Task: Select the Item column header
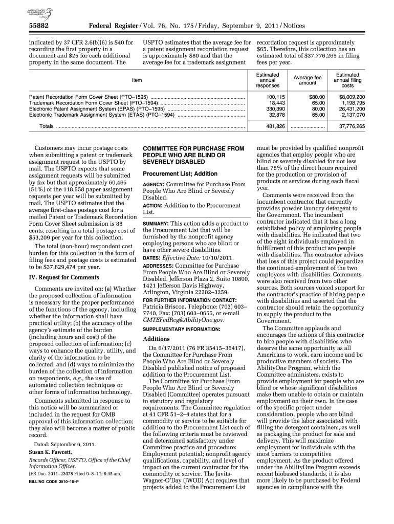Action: [137, 80]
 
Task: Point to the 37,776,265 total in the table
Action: [352, 126]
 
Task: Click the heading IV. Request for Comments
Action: [63, 278]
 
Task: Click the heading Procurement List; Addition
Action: [180, 173]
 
